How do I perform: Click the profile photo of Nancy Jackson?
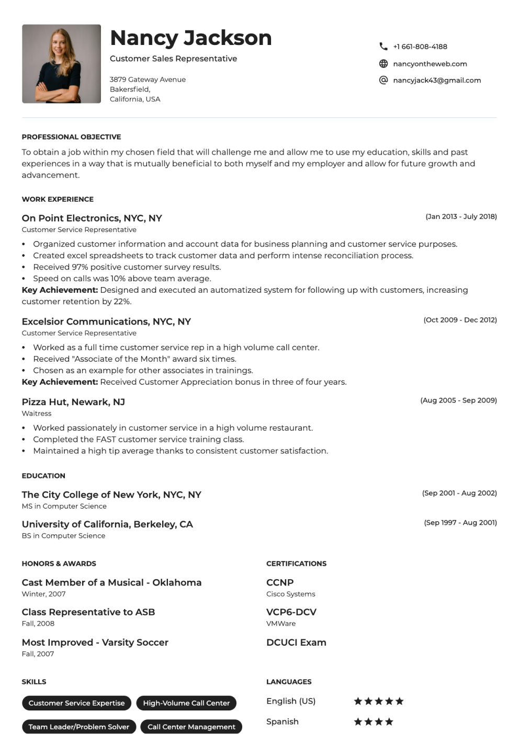(61, 64)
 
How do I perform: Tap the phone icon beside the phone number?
(383, 47)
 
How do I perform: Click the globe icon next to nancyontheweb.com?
(383, 64)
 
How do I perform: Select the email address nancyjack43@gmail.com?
(437, 81)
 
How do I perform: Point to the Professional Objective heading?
(71, 137)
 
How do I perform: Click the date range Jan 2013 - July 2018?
(461, 216)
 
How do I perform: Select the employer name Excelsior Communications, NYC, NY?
(106, 322)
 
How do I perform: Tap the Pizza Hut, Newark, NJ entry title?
(73, 402)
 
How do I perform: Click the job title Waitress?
(37, 414)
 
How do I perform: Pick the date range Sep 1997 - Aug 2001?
(460, 523)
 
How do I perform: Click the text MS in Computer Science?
(64, 507)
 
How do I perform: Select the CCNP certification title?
(280, 582)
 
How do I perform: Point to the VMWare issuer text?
(281, 624)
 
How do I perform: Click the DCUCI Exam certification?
(296, 643)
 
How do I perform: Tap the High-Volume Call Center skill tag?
(186, 703)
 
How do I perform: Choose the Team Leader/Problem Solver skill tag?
(79, 727)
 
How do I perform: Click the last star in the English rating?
(400, 702)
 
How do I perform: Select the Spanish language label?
(283, 721)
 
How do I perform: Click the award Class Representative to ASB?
(88, 612)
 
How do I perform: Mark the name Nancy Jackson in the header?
(191, 38)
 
